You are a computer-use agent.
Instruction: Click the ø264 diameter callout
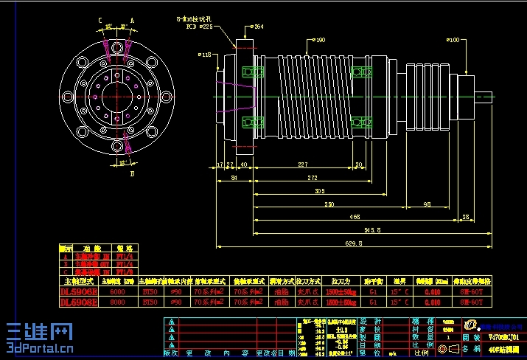tap(257, 27)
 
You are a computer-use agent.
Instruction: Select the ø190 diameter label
tap(319, 40)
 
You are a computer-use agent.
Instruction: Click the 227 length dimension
tap(302, 164)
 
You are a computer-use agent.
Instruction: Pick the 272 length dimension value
tap(313, 178)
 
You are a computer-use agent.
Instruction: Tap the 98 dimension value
tap(427, 204)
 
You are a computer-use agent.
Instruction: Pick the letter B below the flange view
tap(132, 174)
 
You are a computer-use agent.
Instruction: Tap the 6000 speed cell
tap(118, 291)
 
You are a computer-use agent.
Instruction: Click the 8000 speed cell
tap(118, 302)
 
